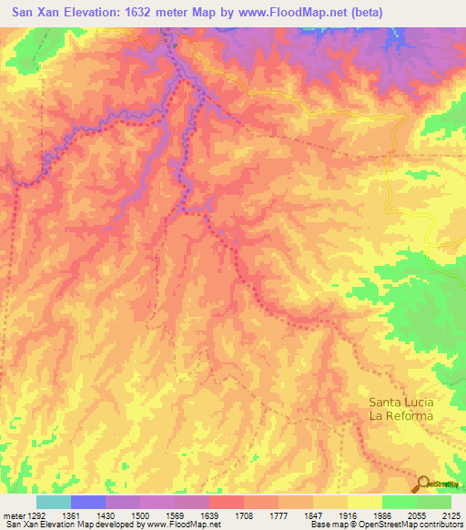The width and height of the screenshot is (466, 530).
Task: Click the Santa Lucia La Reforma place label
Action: point(401,409)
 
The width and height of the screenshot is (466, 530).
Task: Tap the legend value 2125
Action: point(450,516)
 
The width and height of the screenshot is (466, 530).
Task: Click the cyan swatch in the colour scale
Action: point(53,502)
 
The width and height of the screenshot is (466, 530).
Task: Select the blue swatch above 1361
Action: point(87,502)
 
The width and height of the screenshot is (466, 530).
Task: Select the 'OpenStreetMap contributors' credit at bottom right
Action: point(420,525)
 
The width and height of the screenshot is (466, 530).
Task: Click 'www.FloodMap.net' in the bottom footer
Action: point(180,525)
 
